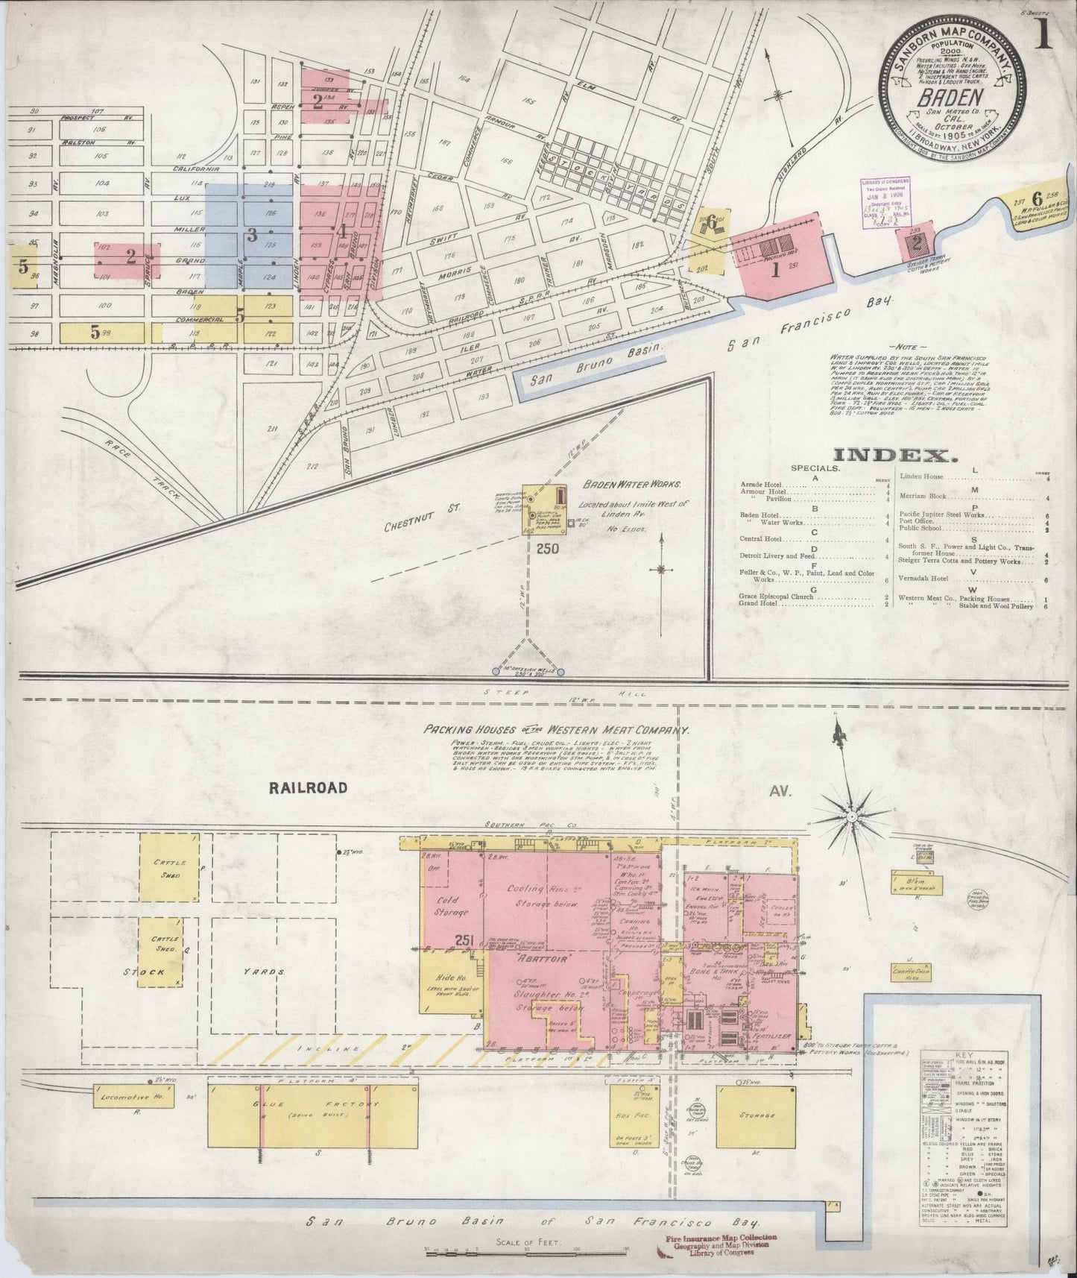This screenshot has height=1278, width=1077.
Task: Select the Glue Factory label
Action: point(312,1105)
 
